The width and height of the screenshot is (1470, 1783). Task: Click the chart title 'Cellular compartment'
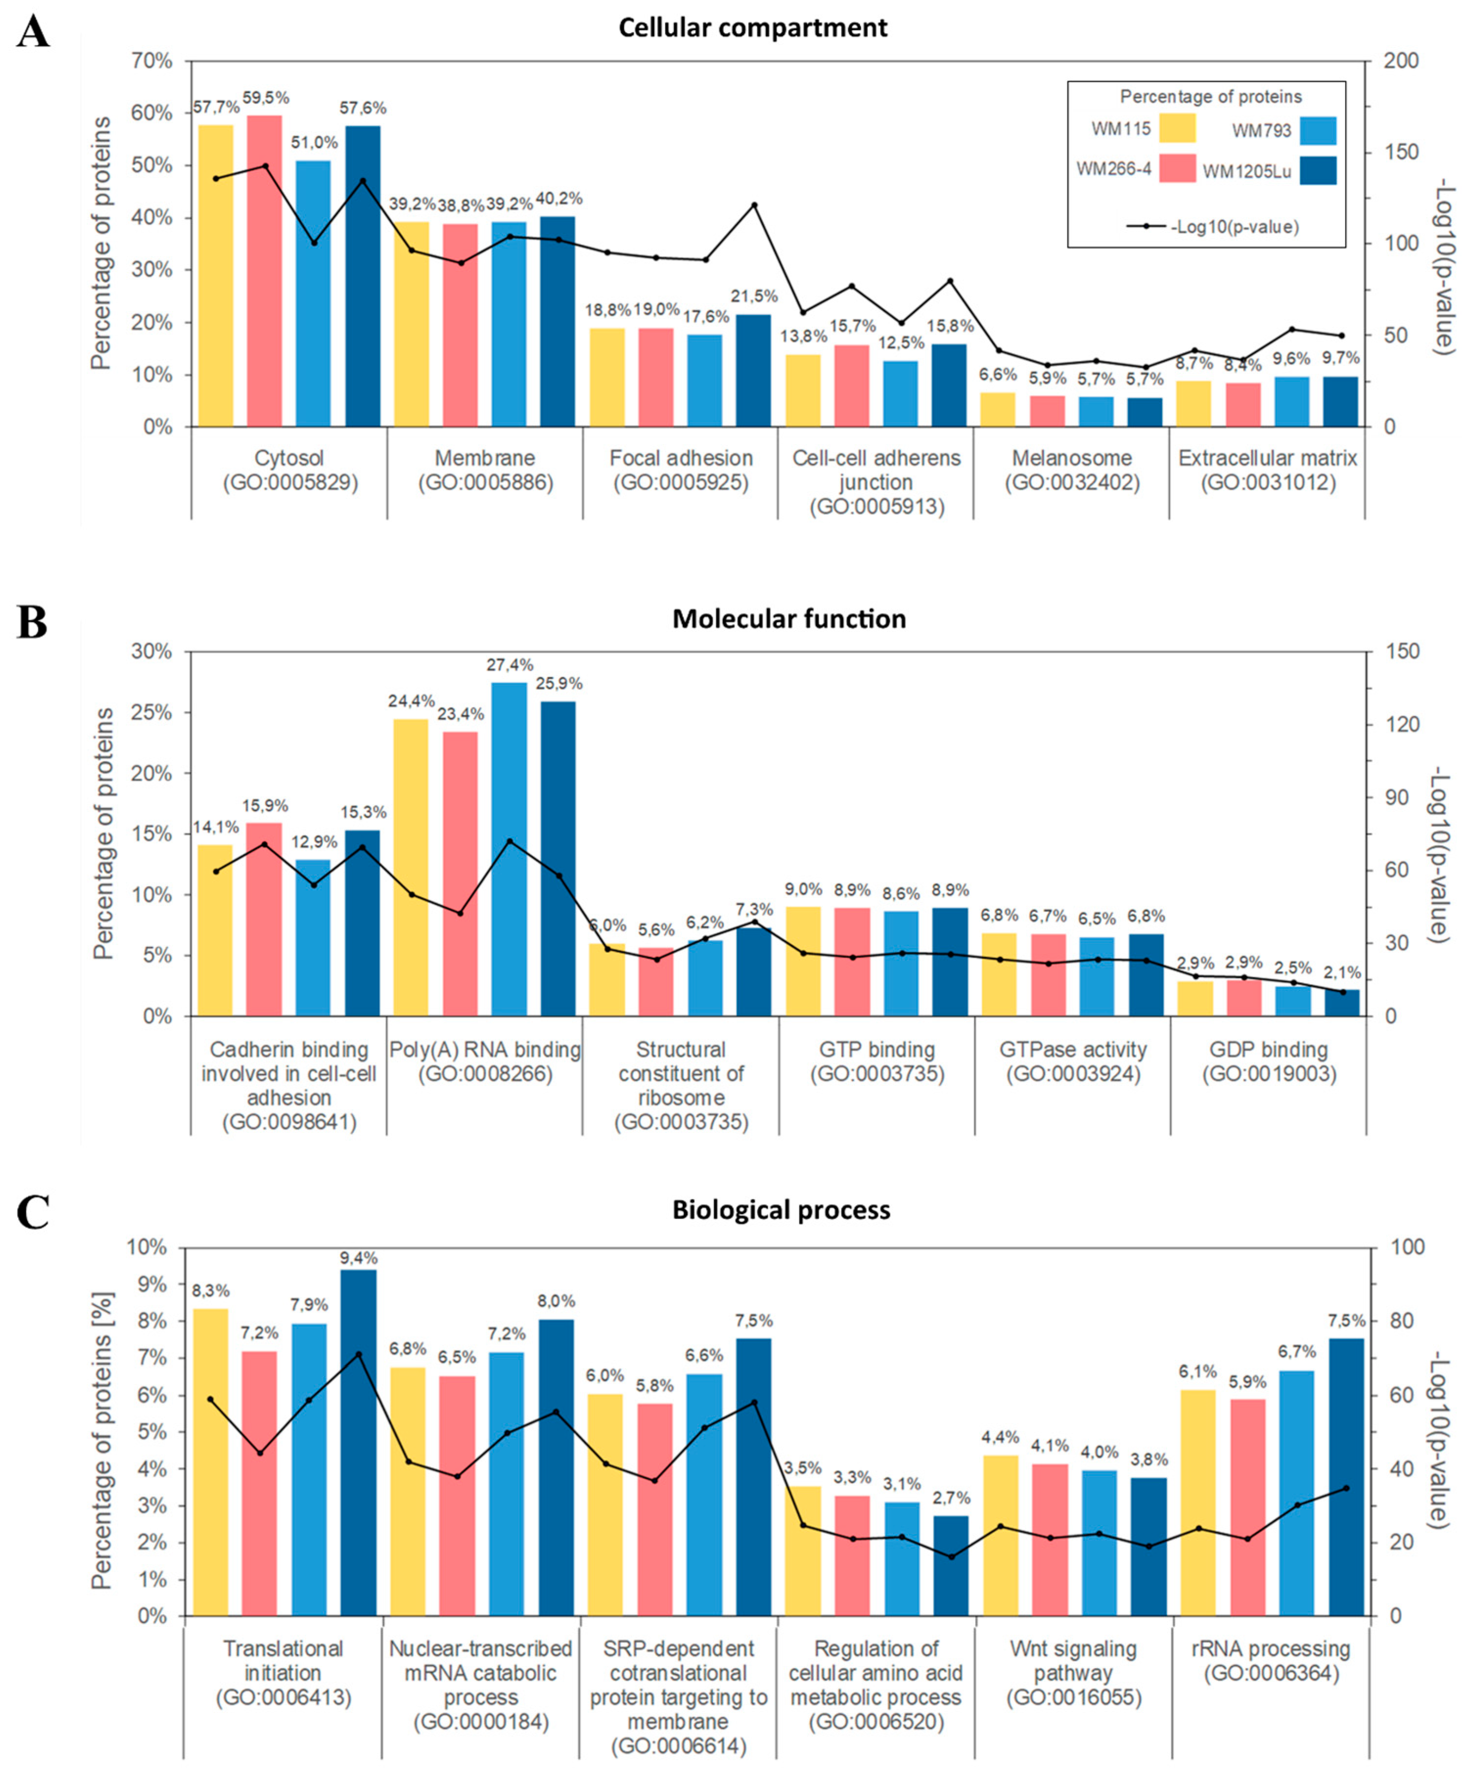click(753, 28)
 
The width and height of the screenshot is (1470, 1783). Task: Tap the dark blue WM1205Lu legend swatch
click(1317, 170)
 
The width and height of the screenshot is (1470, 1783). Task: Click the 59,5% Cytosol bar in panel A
click(264, 271)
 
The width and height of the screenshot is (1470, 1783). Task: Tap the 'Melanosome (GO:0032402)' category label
click(1072, 470)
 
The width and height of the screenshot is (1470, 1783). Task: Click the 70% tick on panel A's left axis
click(153, 62)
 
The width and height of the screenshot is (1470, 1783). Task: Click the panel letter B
click(32, 622)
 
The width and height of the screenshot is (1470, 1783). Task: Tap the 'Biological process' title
click(781, 1210)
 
